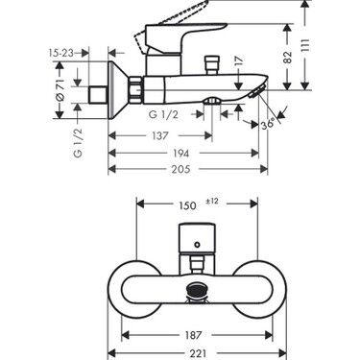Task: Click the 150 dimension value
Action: [x=189, y=205]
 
